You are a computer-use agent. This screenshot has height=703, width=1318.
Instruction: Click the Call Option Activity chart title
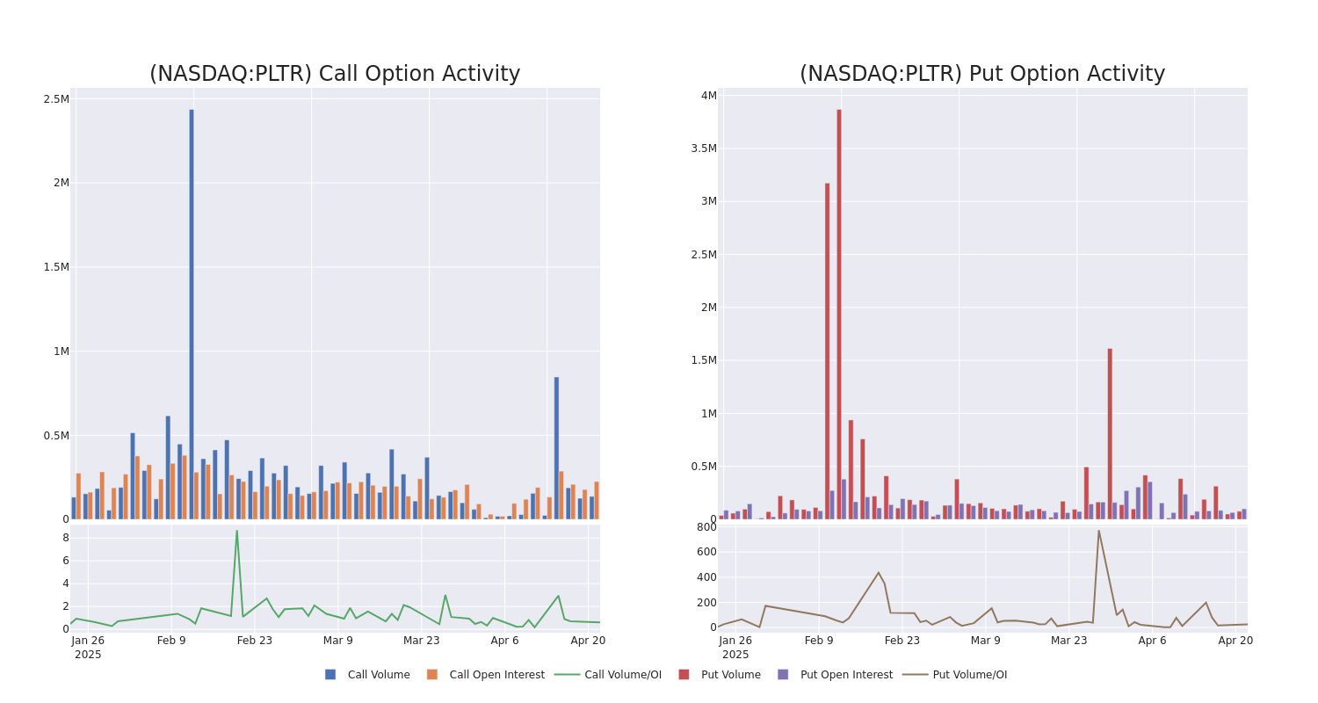point(335,74)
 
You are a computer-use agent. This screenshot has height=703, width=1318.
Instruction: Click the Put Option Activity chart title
point(981,74)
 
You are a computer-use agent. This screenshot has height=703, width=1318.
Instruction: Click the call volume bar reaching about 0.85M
point(556,447)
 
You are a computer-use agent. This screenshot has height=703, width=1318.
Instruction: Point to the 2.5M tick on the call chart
point(56,99)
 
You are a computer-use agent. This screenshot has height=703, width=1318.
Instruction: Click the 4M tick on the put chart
point(708,96)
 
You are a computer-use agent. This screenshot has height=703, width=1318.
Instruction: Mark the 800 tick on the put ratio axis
point(706,527)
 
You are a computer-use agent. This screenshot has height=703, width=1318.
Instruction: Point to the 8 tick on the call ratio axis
point(65,538)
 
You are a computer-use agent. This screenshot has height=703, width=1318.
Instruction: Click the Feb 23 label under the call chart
point(255,641)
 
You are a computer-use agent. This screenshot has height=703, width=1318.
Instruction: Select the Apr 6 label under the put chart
point(1152,641)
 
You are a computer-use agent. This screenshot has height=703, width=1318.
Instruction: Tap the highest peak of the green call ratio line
point(236,531)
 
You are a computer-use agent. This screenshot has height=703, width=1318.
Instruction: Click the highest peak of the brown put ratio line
point(1098,531)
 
